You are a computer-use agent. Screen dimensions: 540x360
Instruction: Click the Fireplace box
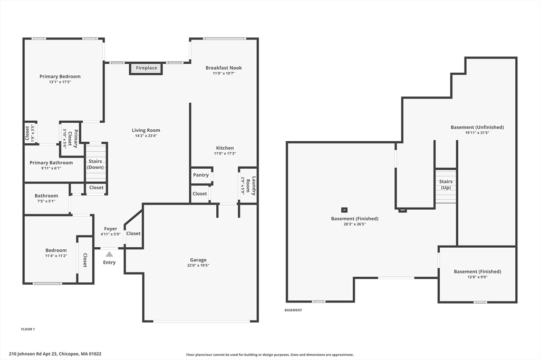pos(146,68)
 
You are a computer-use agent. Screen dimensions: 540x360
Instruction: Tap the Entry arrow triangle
pos(109,255)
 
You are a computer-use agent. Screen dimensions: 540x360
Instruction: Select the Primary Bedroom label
pos(60,76)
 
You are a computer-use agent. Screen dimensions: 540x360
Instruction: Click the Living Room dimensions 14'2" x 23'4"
pos(146,136)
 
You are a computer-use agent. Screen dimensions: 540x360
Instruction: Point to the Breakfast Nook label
pos(224,68)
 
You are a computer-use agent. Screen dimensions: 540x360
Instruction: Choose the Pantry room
pos(201,175)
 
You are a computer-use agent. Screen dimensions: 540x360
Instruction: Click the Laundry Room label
pos(250,186)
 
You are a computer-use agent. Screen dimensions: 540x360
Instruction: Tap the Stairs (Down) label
pos(95,164)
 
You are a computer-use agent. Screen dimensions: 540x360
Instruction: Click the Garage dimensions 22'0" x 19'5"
pos(198,265)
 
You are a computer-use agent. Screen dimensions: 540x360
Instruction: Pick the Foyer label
pos(111,229)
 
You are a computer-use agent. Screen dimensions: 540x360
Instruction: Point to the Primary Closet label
pos(73,138)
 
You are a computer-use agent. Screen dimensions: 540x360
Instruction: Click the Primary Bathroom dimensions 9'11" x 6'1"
pos(51,168)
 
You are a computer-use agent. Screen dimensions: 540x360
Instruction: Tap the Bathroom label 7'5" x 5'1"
pos(46,198)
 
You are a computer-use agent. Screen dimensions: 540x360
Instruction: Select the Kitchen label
pos(225,148)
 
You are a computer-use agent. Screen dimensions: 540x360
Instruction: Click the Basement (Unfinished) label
pos(477,128)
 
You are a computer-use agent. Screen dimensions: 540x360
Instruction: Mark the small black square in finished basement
pos(344,210)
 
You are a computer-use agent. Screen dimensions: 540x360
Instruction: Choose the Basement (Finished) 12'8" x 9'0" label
pos(477,274)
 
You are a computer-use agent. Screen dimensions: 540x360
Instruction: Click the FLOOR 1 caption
pos(28,329)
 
